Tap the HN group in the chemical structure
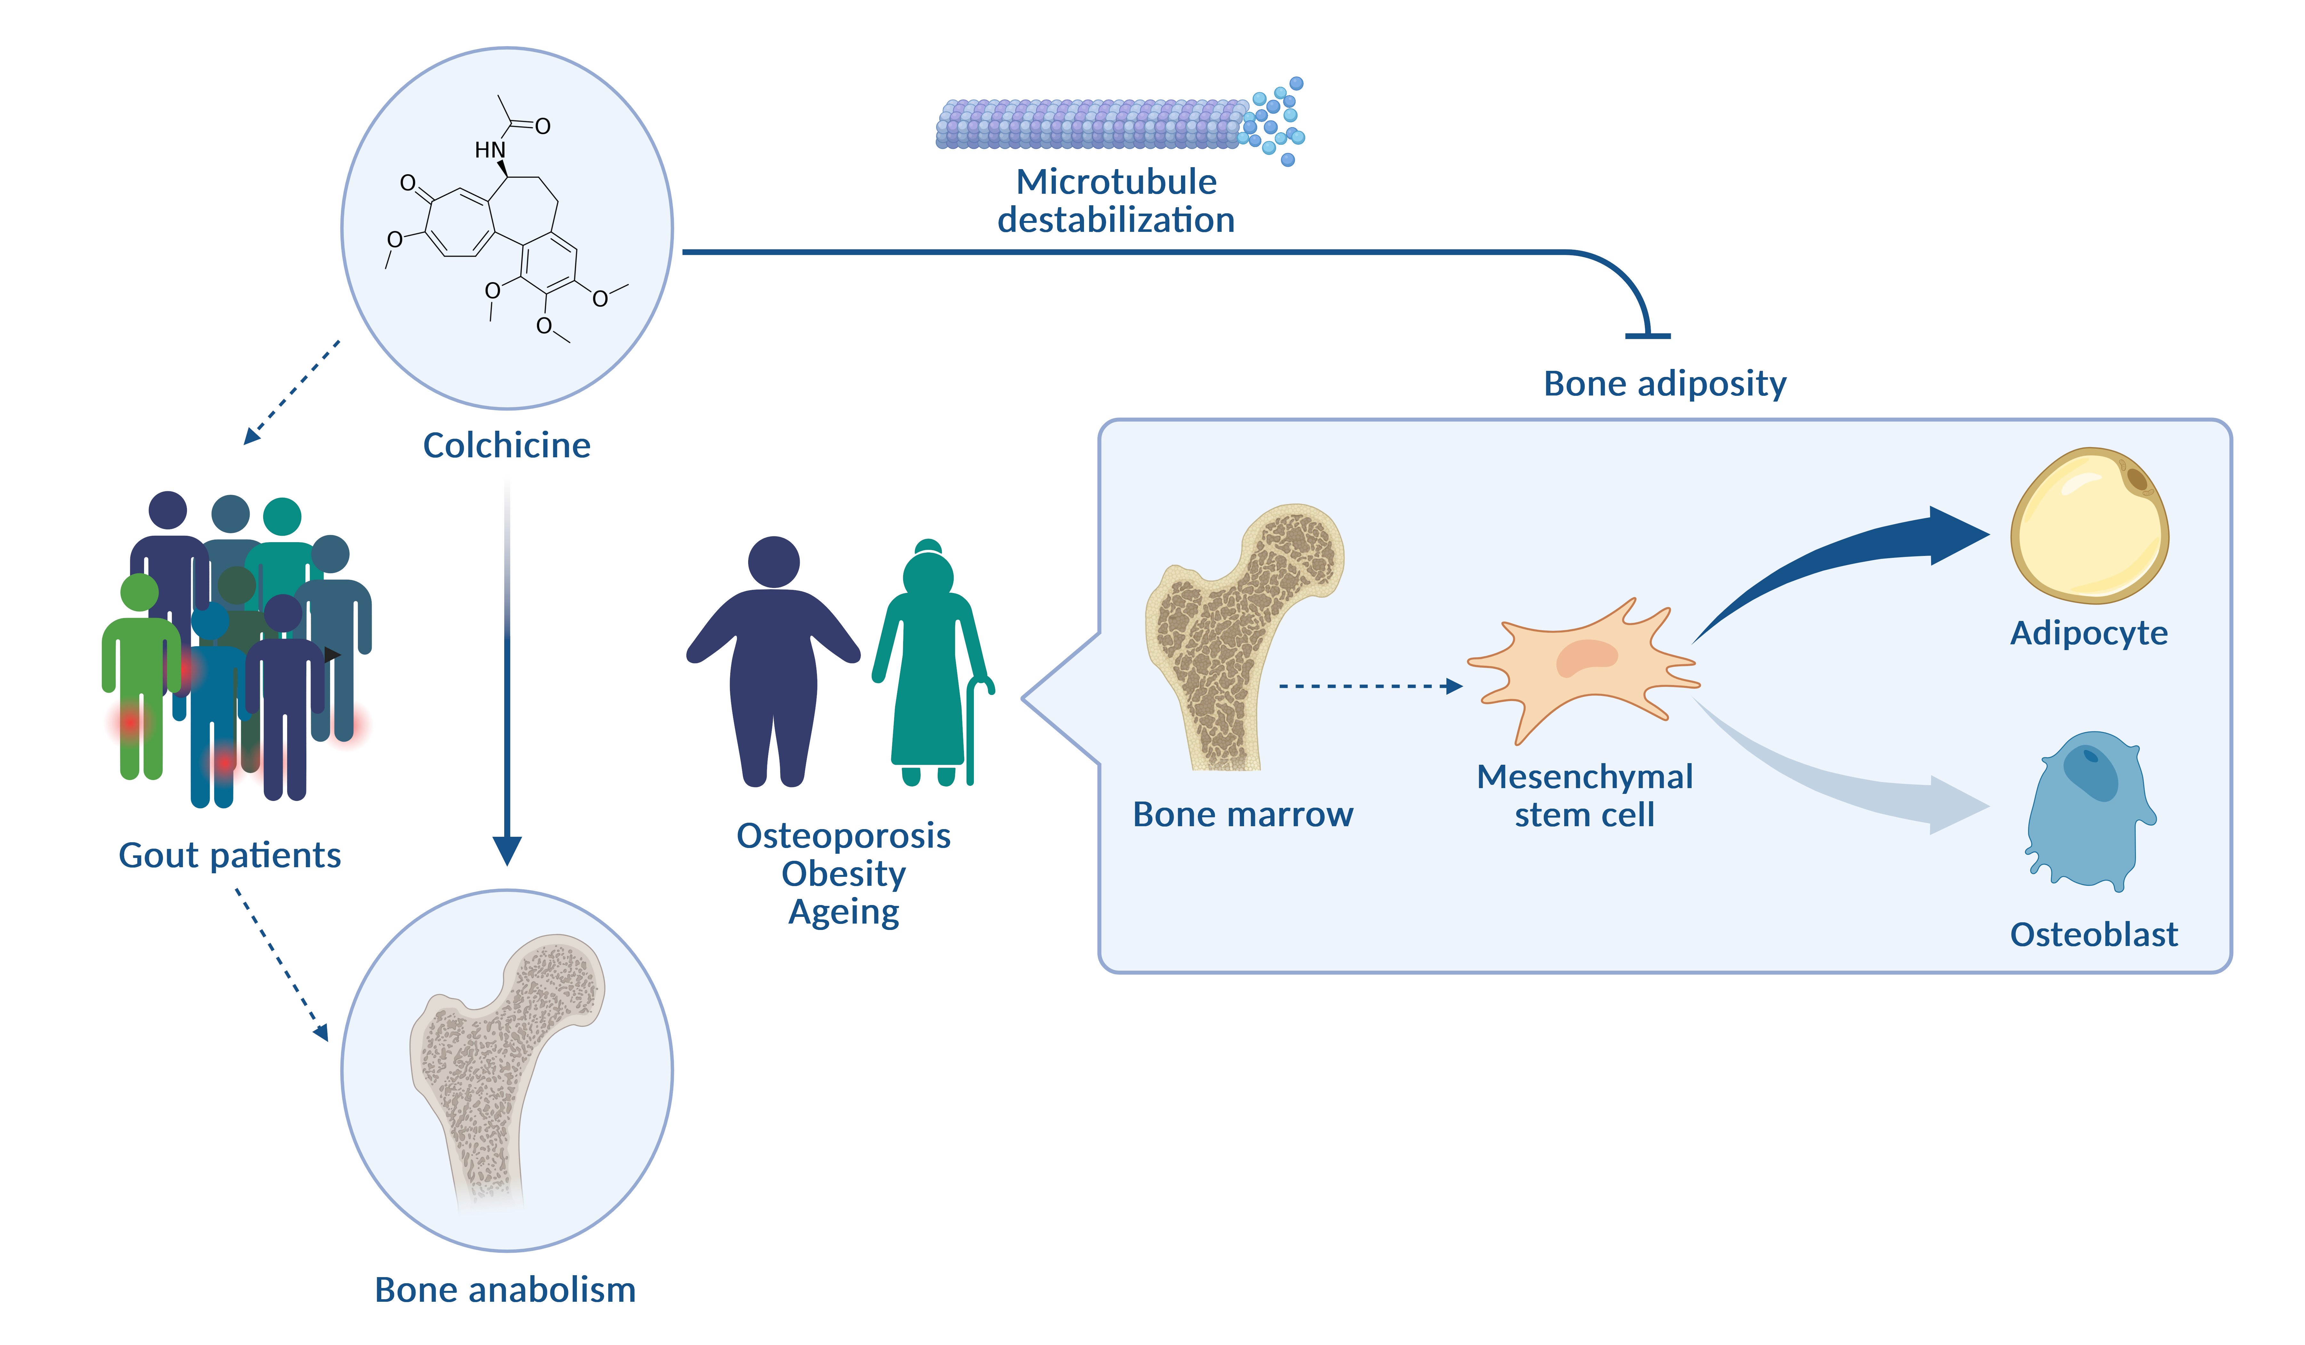(489, 149)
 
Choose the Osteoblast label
(2093, 935)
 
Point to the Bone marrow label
(1242, 814)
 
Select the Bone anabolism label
(505, 1290)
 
